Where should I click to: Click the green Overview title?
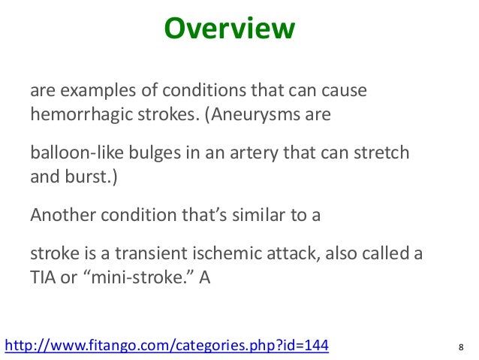pos(230,29)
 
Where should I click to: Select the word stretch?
pos(382,153)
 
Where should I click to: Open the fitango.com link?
pos(167,345)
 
